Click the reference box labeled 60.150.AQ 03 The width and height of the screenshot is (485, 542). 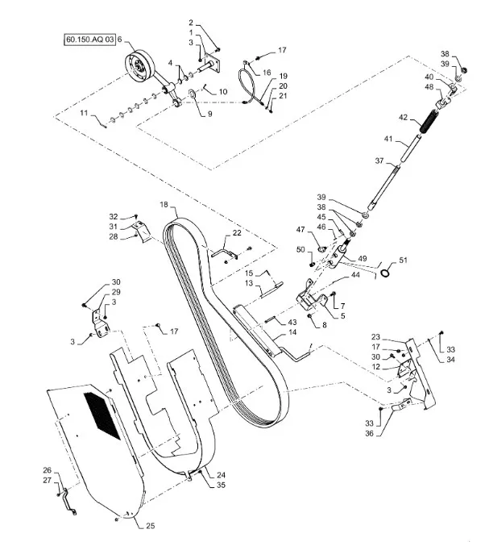87,39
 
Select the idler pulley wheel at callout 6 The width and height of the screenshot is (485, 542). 143,66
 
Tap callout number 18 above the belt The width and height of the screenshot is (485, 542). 164,205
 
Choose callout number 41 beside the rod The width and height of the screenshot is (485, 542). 390,140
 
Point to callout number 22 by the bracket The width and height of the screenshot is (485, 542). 237,233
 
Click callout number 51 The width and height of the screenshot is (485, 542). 404,260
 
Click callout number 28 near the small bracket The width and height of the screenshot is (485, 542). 114,237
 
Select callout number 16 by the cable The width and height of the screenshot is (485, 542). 267,72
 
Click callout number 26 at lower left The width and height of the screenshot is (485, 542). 47,470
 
